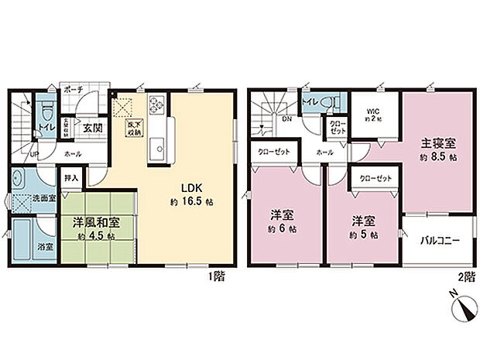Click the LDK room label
(192, 187)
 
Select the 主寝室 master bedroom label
(437, 143)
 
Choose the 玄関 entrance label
(93, 129)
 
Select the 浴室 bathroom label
(25, 247)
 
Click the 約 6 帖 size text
(280, 231)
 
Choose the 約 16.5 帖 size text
(193, 203)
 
